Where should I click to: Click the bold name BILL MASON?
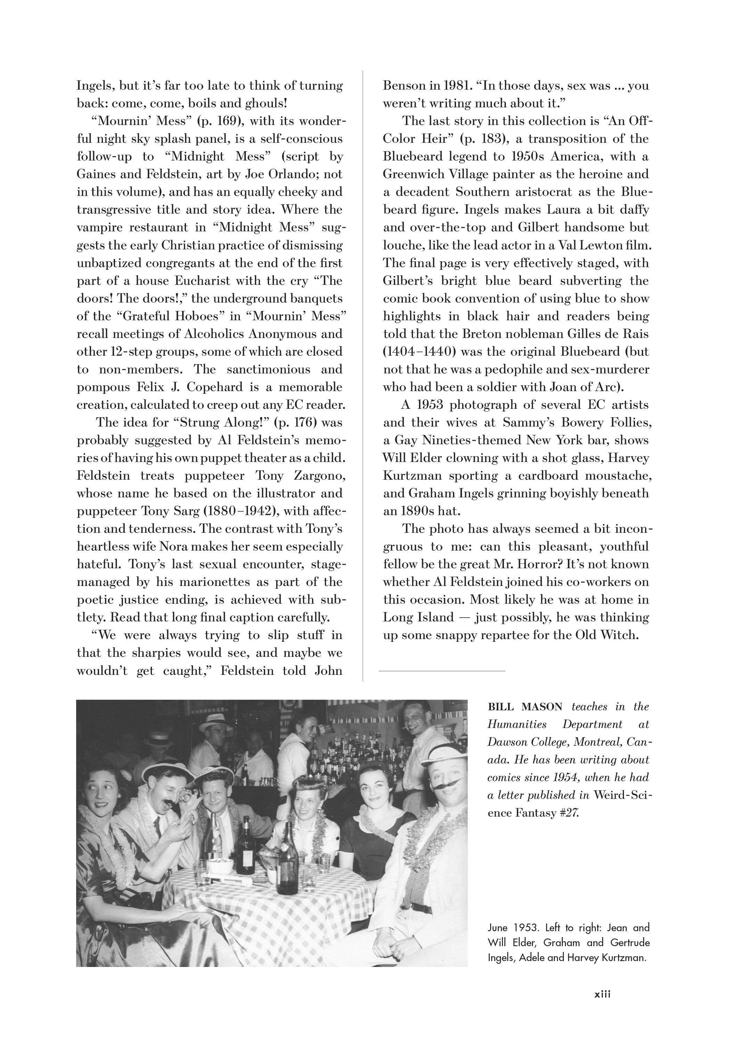525,706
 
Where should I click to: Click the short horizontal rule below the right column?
441,671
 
